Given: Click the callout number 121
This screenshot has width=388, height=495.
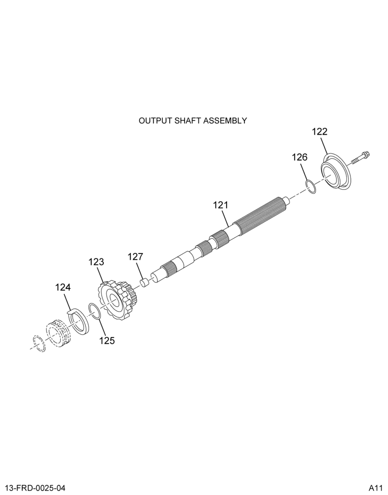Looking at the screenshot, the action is click(x=220, y=205).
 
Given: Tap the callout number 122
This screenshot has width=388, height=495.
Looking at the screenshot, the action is click(x=320, y=132).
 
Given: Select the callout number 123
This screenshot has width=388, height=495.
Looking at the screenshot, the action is click(x=96, y=262).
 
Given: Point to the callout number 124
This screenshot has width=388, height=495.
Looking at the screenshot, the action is click(x=63, y=288).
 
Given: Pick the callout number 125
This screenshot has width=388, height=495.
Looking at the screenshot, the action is click(x=107, y=341).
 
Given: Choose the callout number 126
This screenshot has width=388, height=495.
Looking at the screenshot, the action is click(x=299, y=157).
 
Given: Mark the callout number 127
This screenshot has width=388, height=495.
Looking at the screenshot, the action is click(x=136, y=256).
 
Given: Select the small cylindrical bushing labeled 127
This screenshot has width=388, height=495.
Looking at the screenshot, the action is click(x=145, y=282).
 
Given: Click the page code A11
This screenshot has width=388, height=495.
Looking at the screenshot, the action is click(x=376, y=488).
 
